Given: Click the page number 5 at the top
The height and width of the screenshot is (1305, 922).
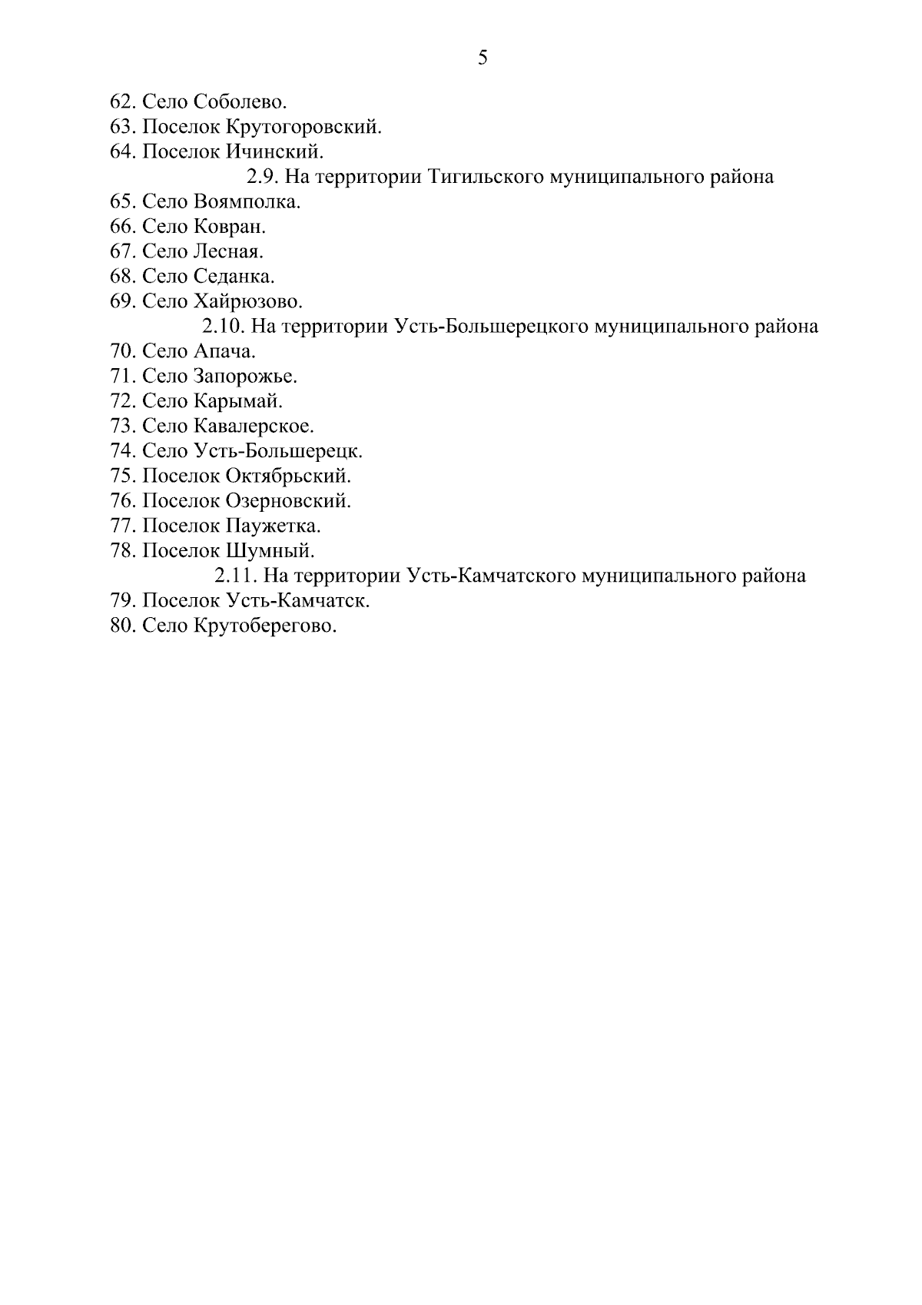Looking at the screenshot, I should click(x=483, y=58).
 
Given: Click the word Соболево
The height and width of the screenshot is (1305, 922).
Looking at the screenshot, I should click(x=240, y=101).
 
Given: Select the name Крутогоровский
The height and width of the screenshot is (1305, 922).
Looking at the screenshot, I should click(x=303, y=127).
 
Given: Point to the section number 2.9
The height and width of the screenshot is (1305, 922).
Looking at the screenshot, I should click(x=263, y=177).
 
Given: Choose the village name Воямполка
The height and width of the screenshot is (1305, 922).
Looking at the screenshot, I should click(x=247, y=202).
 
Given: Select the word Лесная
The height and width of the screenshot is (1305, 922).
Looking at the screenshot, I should click(x=229, y=251).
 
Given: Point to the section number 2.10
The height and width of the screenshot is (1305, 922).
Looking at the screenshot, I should click(x=224, y=327).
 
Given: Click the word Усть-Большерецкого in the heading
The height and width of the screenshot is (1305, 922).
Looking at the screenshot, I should click(x=491, y=327).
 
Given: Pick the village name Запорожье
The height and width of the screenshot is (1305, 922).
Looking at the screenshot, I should click(x=246, y=377).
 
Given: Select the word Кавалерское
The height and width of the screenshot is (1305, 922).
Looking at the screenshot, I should click(x=254, y=426).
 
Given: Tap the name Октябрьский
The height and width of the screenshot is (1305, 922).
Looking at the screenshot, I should click(x=288, y=476).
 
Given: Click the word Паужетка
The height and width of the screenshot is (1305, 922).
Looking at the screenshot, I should click(x=273, y=526).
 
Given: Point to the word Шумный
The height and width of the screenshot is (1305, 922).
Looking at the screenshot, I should click(x=270, y=551).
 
